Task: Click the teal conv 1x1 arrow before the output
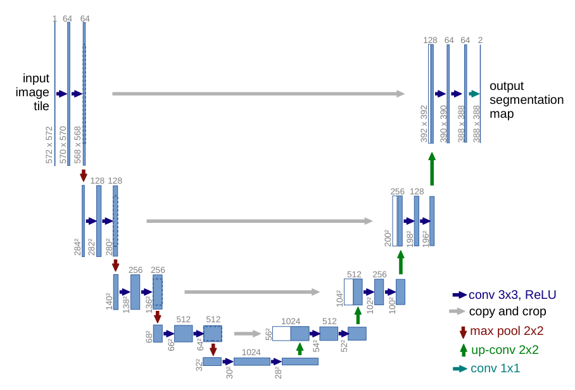(474, 94)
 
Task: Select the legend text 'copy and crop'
(507, 311)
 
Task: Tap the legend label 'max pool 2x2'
(507, 330)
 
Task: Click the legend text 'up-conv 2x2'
(505, 349)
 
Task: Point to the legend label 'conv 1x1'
(495, 368)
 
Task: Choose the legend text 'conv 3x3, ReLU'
(512, 294)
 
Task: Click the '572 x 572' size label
(49, 145)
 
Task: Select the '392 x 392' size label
(424, 124)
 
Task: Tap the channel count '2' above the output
(481, 41)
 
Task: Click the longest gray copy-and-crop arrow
(258, 94)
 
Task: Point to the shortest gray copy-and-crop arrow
(248, 334)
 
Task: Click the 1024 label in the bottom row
(251, 352)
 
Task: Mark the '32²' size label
(199, 365)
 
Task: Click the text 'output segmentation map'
(527, 99)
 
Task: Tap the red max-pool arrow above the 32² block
(213, 349)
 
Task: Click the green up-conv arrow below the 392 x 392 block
(432, 168)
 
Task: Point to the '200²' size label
(388, 238)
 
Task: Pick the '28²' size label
(279, 372)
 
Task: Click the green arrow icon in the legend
(464, 350)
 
